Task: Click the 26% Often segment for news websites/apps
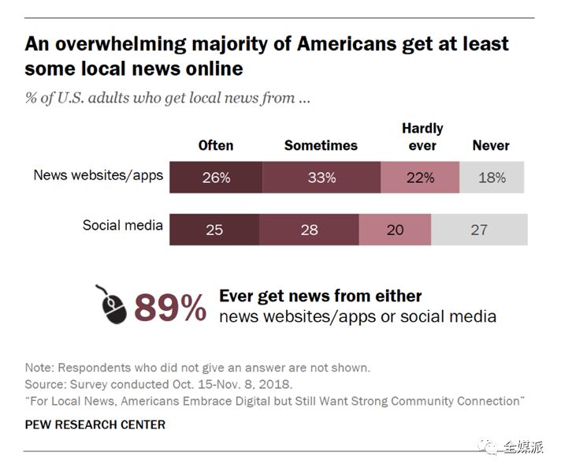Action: click(x=216, y=178)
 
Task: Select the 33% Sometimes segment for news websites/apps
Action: click(x=321, y=178)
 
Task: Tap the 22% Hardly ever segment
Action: click(x=419, y=178)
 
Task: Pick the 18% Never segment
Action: click(x=492, y=178)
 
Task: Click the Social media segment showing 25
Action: click(x=214, y=230)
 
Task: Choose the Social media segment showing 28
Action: click(x=309, y=230)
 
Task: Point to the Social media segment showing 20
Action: click(x=395, y=230)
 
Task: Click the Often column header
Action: click(x=216, y=145)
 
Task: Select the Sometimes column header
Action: click(x=321, y=145)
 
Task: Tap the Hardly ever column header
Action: click(x=422, y=136)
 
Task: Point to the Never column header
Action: click(x=491, y=145)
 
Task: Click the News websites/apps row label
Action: click(x=98, y=175)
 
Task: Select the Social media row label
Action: click(x=123, y=226)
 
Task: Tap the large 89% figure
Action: click(x=170, y=307)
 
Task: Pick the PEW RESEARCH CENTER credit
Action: click(x=95, y=424)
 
